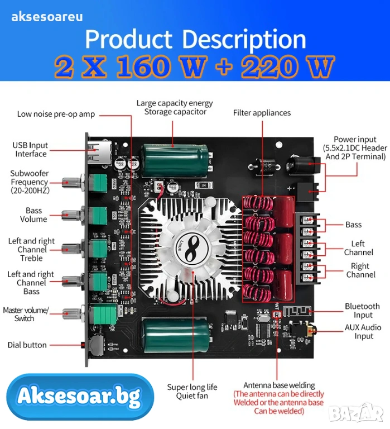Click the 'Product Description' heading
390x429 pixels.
click(x=195, y=40)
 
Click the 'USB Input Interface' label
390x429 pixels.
click(x=31, y=149)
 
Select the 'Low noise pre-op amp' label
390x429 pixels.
click(x=56, y=114)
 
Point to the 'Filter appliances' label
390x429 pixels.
click(x=262, y=113)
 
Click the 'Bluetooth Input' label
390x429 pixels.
click(x=362, y=311)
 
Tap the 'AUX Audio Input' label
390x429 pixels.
click(x=363, y=331)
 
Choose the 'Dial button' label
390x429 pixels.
click(x=27, y=345)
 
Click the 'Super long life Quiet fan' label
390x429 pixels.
click(x=192, y=391)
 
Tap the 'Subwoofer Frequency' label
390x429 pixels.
click(x=29, y=182)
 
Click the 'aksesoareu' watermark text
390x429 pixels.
click(x=47, y=16)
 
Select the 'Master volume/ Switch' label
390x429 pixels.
click(x=26, y=314)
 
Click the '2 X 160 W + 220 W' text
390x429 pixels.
click(x=195, y=67)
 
